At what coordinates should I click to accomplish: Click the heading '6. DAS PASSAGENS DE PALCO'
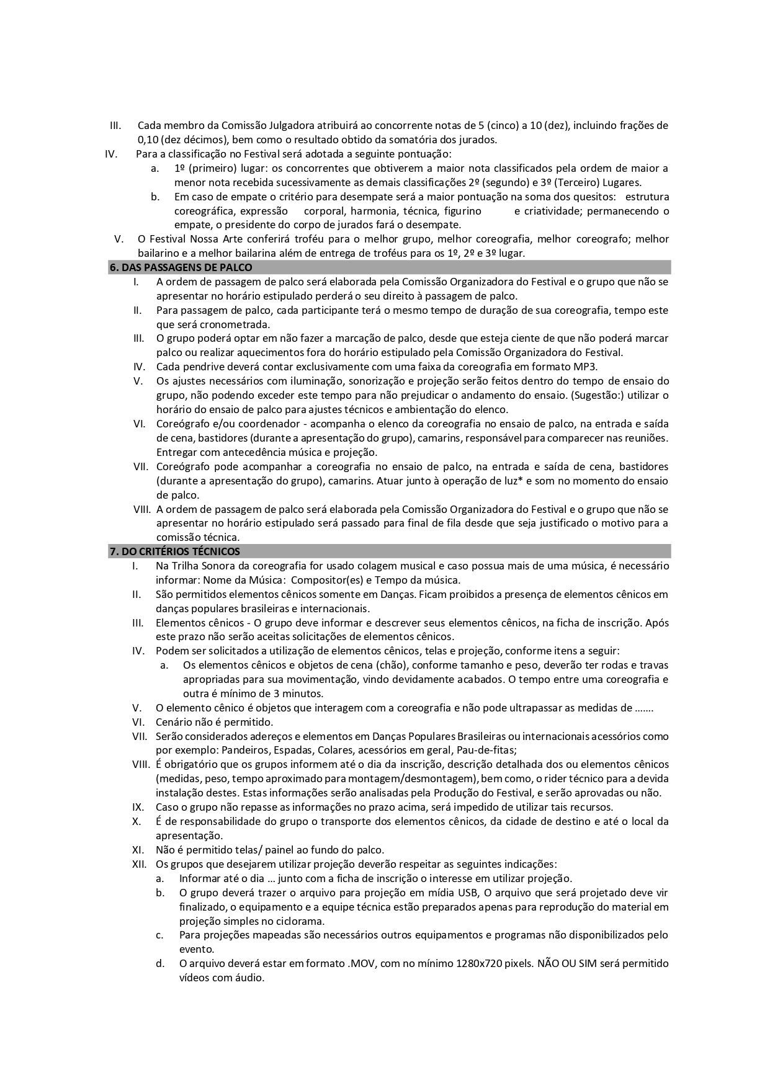pos(181,267)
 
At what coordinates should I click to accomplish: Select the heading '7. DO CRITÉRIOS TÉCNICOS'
pos(174,551)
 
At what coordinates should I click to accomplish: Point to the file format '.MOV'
pos(359,964)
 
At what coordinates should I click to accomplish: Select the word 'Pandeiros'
pos(246,750)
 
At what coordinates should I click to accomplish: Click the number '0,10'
pos(148,140)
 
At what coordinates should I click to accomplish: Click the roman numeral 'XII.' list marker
pos(140,864)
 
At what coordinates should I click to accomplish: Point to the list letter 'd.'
pos(160,964)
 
